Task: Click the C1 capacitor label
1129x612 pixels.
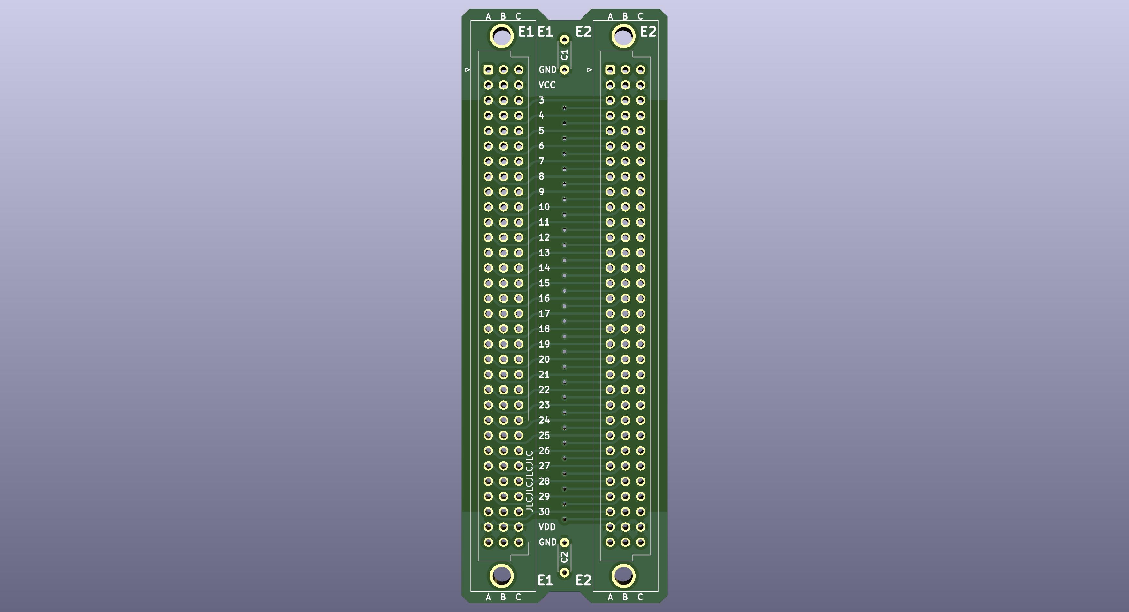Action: pos(564,55)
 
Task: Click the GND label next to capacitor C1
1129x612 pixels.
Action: pos(547,70)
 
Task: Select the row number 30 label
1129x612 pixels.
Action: pos(544,512)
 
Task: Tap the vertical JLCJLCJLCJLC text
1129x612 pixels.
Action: pos(529,481)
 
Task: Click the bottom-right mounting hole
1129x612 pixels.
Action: pos(623,576)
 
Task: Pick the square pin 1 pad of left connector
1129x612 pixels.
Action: pos(488,70)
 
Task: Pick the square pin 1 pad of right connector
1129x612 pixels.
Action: pos(610,70)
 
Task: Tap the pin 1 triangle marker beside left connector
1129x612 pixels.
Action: pos(468,70)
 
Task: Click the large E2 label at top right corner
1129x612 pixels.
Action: pos(648,32)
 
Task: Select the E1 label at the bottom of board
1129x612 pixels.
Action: pos(545,580)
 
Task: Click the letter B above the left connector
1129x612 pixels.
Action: pos(503,16)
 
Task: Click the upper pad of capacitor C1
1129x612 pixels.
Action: pos(564,40)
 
